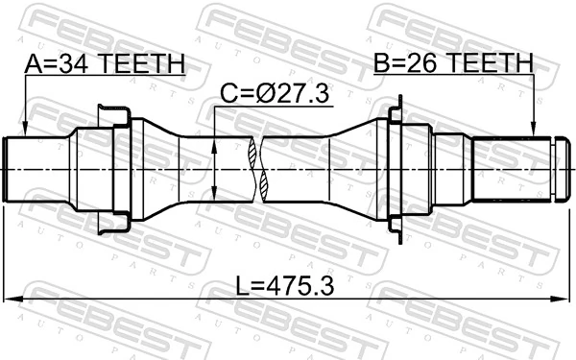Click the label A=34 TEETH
click(x=104, y=64)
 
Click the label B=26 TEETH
click(x=452, y=64)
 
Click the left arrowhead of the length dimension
click(x=12, y=298)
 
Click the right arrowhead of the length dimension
click(x=562, y=298)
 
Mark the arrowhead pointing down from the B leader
click(x=533, y=130)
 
